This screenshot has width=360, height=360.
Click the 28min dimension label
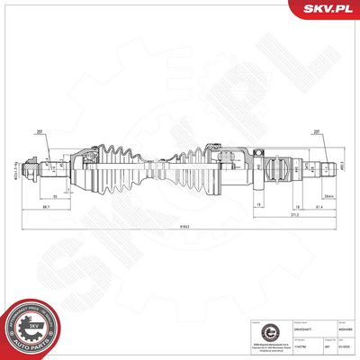(329, 196)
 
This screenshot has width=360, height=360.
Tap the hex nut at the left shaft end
(32, 166)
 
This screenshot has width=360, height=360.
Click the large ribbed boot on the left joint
(118, 166)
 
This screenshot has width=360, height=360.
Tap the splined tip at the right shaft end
(340, 166)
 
